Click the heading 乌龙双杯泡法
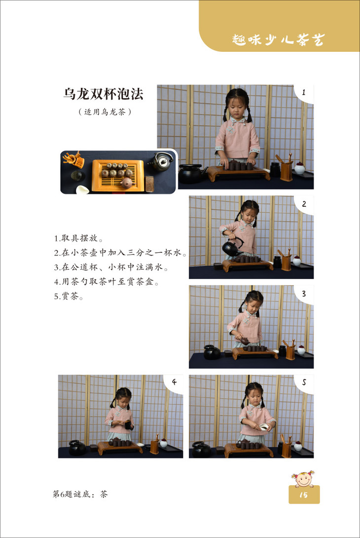pos(103,94)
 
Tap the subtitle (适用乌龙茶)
pos(105,112)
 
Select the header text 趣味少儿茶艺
pos(278,39)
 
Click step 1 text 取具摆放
pos(78,238)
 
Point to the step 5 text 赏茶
pos(69,296)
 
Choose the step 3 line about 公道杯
pos(111,267)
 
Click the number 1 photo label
pos(304,92)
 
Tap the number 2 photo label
pos(304,204)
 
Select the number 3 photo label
pos(304,294)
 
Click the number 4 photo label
pos(174,382)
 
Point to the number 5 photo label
pos(304,382)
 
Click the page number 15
pos(304,495)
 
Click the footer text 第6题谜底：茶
pos(80,494)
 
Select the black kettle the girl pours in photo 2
pos(233,247)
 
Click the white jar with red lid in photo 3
pos(301,350)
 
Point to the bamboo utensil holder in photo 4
pos(155,446)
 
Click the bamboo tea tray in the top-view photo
pos(118,175)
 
